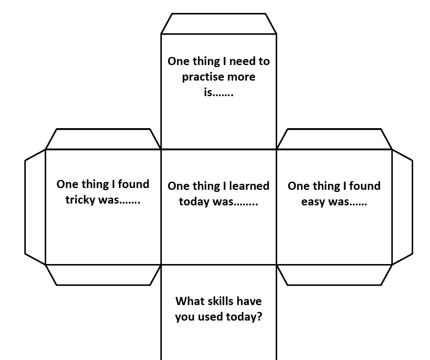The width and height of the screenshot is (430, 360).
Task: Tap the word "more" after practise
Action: point(241,77)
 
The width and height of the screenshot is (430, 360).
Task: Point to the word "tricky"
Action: point(80,200)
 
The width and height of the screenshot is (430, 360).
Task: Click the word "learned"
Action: point(249,186)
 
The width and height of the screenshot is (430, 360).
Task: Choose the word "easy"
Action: point(313,202)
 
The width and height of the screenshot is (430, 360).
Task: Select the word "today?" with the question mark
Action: point(244,317)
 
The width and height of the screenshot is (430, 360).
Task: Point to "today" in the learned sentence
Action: point(194,202)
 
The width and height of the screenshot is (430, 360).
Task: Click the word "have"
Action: point(249,301)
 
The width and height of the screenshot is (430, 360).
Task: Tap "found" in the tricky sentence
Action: point(134,184)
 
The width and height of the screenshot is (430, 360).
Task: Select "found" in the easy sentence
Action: point(365,186)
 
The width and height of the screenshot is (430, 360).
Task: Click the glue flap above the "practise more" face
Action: point(219,24)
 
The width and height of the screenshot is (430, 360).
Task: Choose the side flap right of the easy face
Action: point(403,207)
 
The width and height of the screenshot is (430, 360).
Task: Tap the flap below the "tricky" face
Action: point(103,275)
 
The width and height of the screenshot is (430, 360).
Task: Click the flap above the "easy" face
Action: point(334,139)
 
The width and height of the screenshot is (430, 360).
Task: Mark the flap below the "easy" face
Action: point(334,275)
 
